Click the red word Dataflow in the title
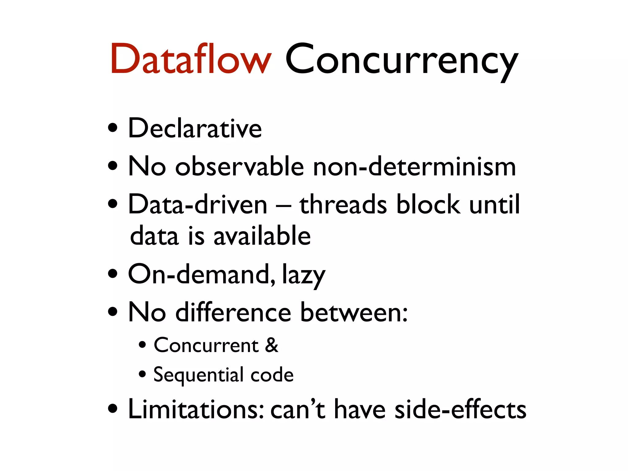[191, 59]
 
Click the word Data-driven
[198, 205]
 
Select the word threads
[343, 205]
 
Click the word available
[262, 236]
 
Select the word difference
[233, 312]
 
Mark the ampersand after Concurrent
[272, 345]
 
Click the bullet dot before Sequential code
[142, 374]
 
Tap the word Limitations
[196, 409]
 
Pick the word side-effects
[460, 409]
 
